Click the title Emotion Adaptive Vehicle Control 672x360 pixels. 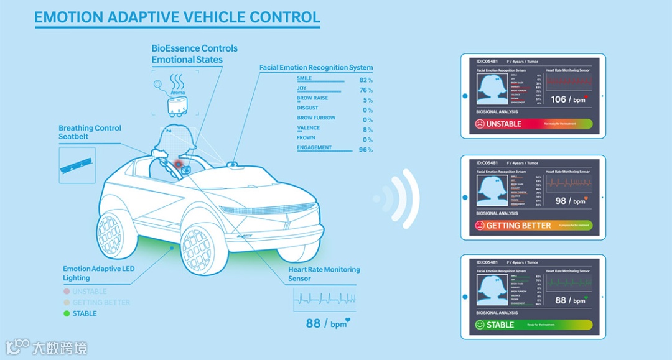coord(177,17)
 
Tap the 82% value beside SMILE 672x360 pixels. coord(366,80)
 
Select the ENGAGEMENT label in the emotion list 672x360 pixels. coord(314,148)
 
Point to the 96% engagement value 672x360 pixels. coord(366,150)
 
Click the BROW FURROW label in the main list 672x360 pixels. coord(316,118)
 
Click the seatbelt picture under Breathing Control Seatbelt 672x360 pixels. coord(77,165)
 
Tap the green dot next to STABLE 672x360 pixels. coord(67,313)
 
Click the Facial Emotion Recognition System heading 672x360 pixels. coord(316,67)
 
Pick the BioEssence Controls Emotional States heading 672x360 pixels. coord(194,54)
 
